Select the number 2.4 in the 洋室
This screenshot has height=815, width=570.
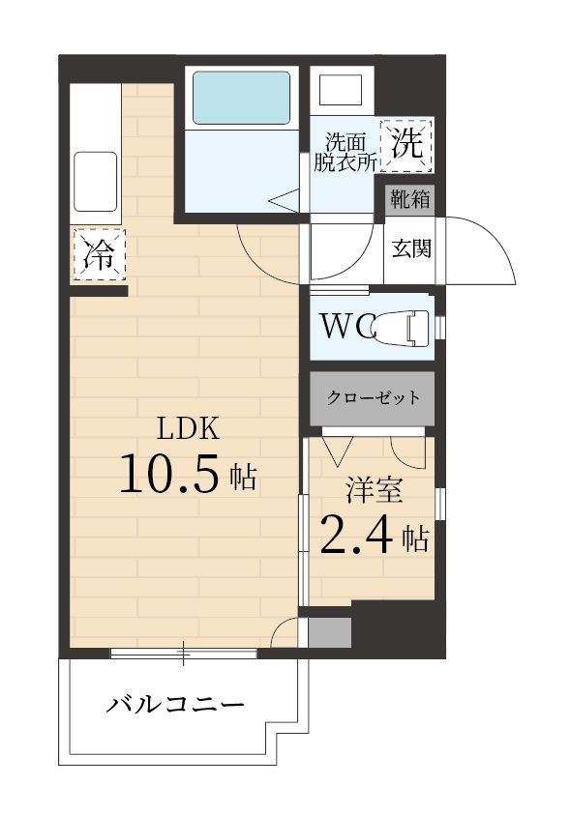click(x=357, y=534)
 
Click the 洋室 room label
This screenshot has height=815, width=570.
click(x=375, y=490)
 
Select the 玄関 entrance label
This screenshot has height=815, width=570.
click(x=410, y=248)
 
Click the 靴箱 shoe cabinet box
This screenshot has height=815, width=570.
click(x=409, y=200)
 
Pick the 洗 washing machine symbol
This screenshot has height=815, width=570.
click(x=407, y=144)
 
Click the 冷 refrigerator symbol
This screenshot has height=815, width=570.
click(x=99, y=255)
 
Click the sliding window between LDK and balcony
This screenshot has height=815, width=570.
click(x=183, y=654)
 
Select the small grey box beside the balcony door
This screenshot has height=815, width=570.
click(x=328, y=632)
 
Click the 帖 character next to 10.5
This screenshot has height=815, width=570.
click(x=243, y=477)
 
